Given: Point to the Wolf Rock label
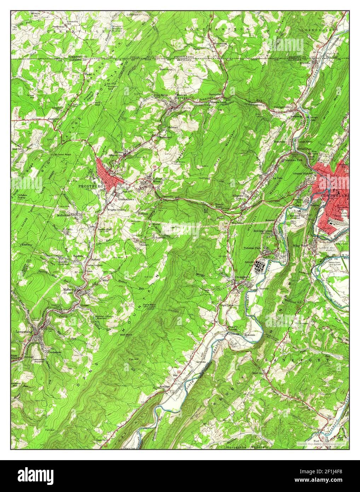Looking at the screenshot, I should coord(126,334).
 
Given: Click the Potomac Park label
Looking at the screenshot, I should coord(252,248).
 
